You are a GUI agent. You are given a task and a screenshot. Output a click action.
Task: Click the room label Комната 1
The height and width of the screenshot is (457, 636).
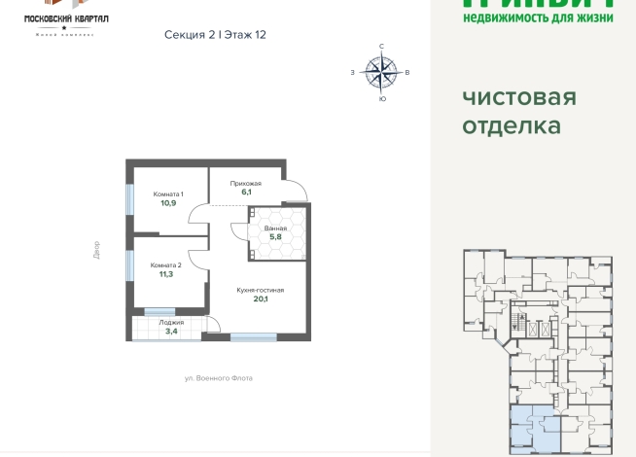168,194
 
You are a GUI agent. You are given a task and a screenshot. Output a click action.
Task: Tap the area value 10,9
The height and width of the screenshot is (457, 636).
168,203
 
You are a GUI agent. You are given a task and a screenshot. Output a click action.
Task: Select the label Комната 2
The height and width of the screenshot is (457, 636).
166,264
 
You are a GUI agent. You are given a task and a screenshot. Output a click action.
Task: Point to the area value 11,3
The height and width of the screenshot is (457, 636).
166,274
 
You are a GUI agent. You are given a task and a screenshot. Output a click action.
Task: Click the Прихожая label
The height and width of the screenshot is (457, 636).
245,183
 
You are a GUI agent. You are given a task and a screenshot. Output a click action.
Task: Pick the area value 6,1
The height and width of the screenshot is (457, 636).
246,193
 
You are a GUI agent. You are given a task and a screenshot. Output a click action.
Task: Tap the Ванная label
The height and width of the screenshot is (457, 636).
275,228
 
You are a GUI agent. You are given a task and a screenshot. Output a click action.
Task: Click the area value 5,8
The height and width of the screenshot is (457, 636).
275,237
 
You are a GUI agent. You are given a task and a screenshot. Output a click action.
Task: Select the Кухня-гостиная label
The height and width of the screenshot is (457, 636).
260,290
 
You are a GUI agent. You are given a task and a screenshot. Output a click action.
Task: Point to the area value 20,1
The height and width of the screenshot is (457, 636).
260,299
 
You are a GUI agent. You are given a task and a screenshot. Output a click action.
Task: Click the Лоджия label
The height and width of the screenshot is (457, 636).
171,322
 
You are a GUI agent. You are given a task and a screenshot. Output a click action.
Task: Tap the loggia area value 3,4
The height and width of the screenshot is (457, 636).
171,332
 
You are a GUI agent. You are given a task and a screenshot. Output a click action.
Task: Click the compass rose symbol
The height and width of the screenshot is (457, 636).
381,71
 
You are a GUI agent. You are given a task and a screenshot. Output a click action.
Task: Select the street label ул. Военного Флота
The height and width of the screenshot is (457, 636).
218,378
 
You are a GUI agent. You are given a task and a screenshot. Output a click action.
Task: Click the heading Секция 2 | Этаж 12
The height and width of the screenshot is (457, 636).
215,34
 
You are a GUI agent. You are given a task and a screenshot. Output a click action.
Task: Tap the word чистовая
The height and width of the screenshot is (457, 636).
518,98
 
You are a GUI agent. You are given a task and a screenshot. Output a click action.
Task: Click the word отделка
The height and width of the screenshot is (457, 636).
512,126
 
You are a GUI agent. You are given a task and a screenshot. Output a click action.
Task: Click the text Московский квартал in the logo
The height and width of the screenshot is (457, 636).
65,18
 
